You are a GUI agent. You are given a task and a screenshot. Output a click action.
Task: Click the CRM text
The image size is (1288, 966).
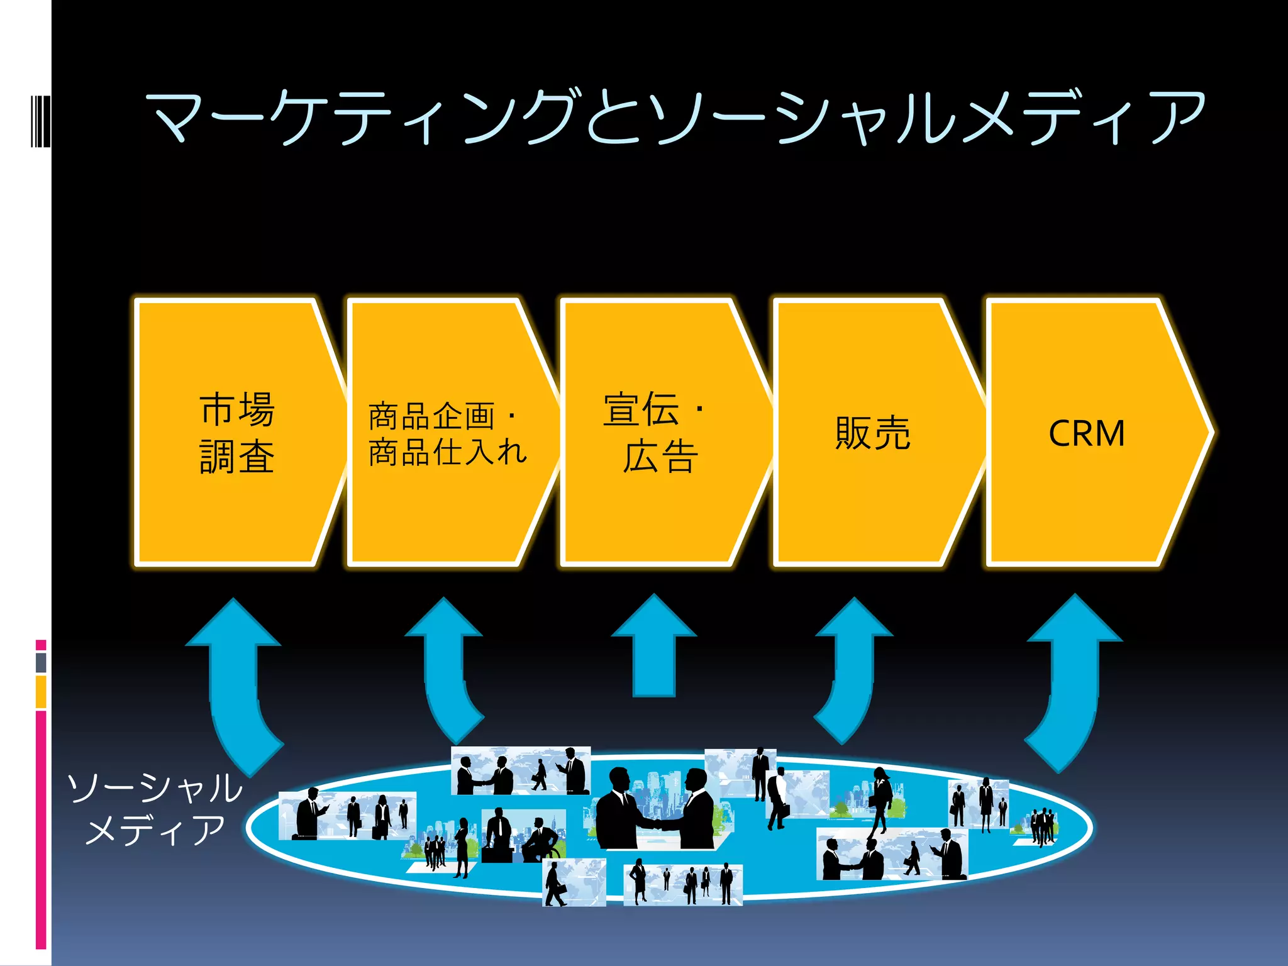coord(1087,433)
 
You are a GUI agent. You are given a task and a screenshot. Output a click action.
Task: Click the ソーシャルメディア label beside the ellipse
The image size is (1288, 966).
coord(155,808)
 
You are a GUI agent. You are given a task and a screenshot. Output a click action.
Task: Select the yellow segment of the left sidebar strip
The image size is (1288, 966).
coord(41,691)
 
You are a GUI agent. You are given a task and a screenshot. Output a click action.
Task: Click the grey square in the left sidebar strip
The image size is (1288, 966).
coord(41,662)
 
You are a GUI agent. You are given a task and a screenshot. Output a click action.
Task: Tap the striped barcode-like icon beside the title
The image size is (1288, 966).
coord(40,119)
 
